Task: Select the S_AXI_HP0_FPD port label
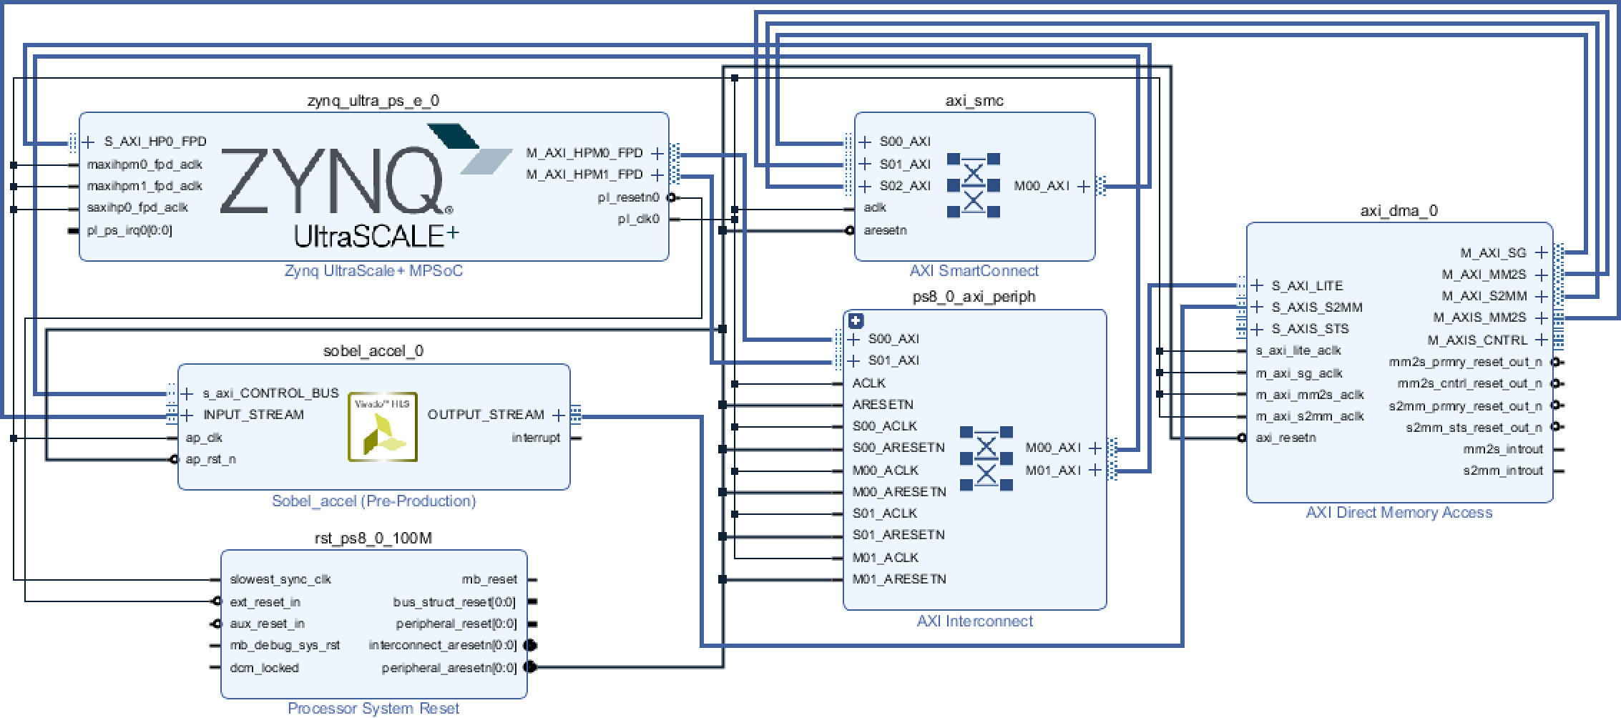click(155, 142)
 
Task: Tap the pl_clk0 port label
click(639, 219)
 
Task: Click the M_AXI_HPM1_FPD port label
click(584, 174)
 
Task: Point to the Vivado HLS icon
click(383, 427)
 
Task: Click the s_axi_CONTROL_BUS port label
click(271, 393)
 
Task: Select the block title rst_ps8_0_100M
click(374, 538)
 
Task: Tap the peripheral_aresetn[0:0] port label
click(449, 668)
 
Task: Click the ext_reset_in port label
click(265, 602)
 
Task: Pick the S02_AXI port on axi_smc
click(905, 186)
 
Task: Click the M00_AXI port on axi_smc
click(1042, 186)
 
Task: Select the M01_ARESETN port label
click(899, 579)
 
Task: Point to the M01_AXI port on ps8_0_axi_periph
click(1053, 471)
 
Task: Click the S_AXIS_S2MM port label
click(1317, 308)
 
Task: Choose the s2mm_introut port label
click(1503, 471)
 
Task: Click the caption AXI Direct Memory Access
click(1399, 513)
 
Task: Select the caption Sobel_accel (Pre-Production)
click(373, 501)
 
